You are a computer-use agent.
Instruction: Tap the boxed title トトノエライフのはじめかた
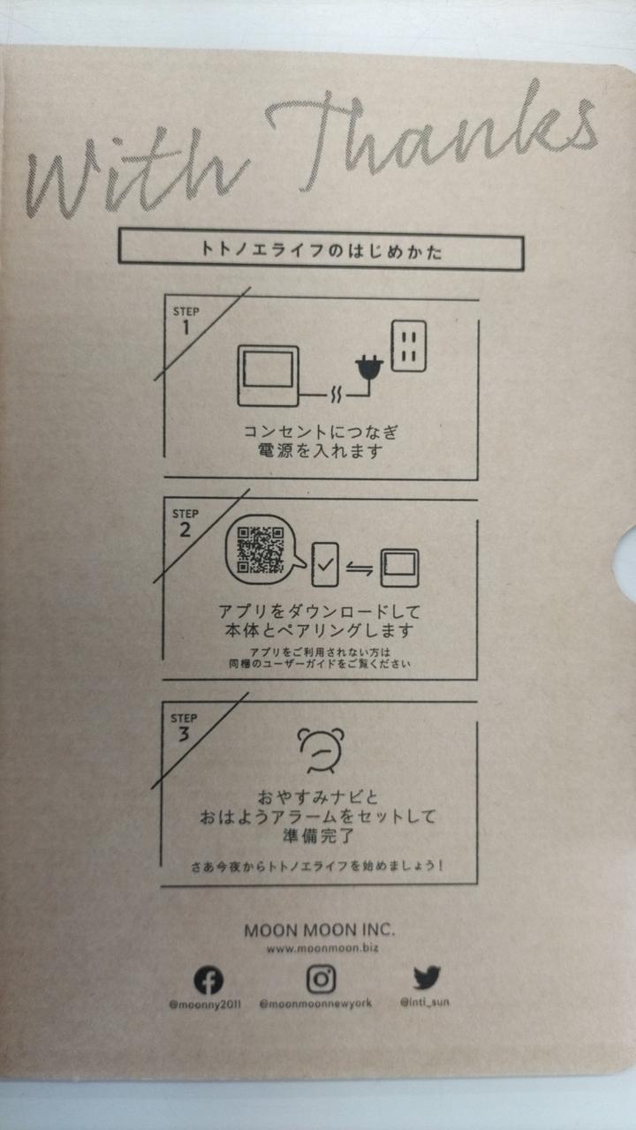[322, 250]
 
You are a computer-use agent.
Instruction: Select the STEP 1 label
[185, 320]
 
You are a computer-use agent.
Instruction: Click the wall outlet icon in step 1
[409, 346]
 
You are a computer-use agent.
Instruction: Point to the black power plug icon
[369, 368]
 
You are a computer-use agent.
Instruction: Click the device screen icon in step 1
[268, 375]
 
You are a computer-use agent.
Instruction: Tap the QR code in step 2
[261, 550]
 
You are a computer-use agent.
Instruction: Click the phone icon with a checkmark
[325, 564]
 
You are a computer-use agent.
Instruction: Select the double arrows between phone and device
[360, 569]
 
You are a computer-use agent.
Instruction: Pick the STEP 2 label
[185, 523]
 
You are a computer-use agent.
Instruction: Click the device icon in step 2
[400, 568]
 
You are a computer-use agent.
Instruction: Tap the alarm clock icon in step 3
[321, 750]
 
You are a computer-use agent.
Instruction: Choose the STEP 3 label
[183, 727]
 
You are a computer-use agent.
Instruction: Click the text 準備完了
[319, 836]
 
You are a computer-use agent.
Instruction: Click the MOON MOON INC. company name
[320, 930]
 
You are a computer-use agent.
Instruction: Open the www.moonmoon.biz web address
[322, 948]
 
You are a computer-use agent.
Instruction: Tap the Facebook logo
[208, 980]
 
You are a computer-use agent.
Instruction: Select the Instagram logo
[321, 980]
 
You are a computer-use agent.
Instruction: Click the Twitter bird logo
[427, 977]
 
